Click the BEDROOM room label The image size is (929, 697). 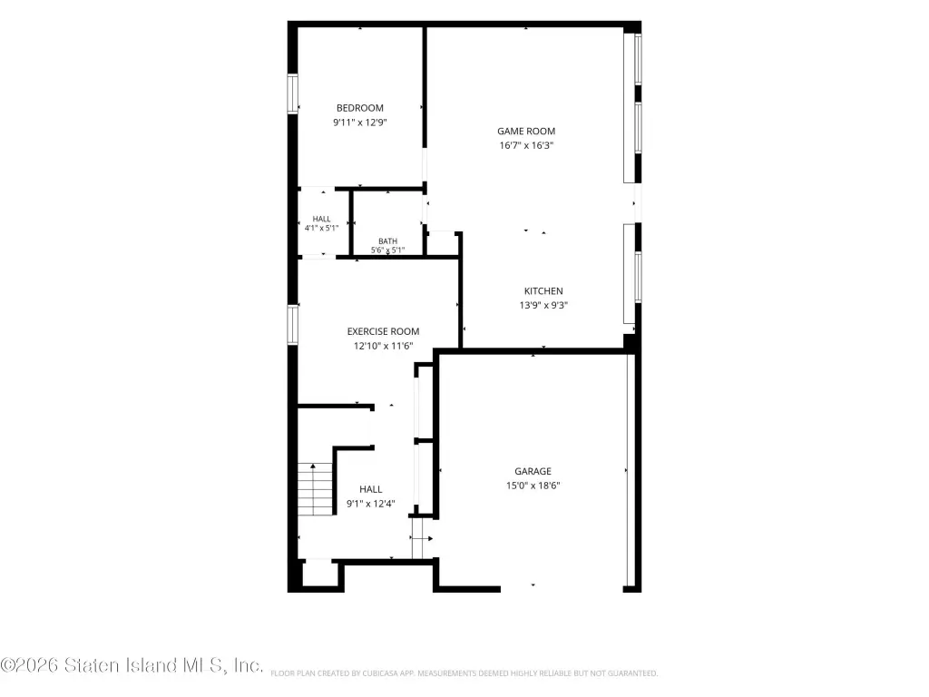(x=359, y=108)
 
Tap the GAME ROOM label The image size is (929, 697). (x=526, y=131)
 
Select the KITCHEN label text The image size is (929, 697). (x=543, y=291)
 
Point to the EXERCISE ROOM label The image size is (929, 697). (x=383, y=331)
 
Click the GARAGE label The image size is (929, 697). (x=533, y=471)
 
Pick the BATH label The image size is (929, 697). (x=387, y=241)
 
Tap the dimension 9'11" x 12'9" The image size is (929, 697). (x=359, y=123)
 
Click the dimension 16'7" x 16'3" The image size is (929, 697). (x=526, y=145)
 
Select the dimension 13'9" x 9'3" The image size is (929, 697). (x=543, y=305)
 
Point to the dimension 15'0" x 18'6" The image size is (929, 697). (x=533, y=486)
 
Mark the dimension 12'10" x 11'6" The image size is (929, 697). (x=383, y=346)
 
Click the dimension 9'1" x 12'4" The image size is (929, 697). (x=370, y=504)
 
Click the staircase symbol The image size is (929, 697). (x=315, y=489)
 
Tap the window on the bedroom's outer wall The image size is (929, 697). (x=292, y=93)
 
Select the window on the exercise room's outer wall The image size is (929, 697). (x=292, y=324)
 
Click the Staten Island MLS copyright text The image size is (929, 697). (x=132, y=665)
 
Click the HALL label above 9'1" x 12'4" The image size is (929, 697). (x=370, y=489)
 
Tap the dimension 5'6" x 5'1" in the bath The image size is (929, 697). (x=387, y=250)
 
